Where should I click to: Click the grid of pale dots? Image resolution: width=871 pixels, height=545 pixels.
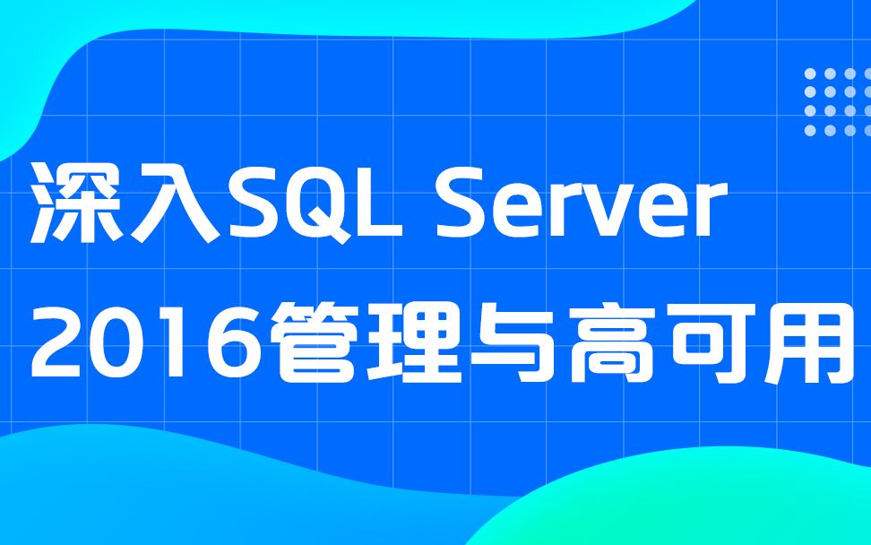(830, 101)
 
